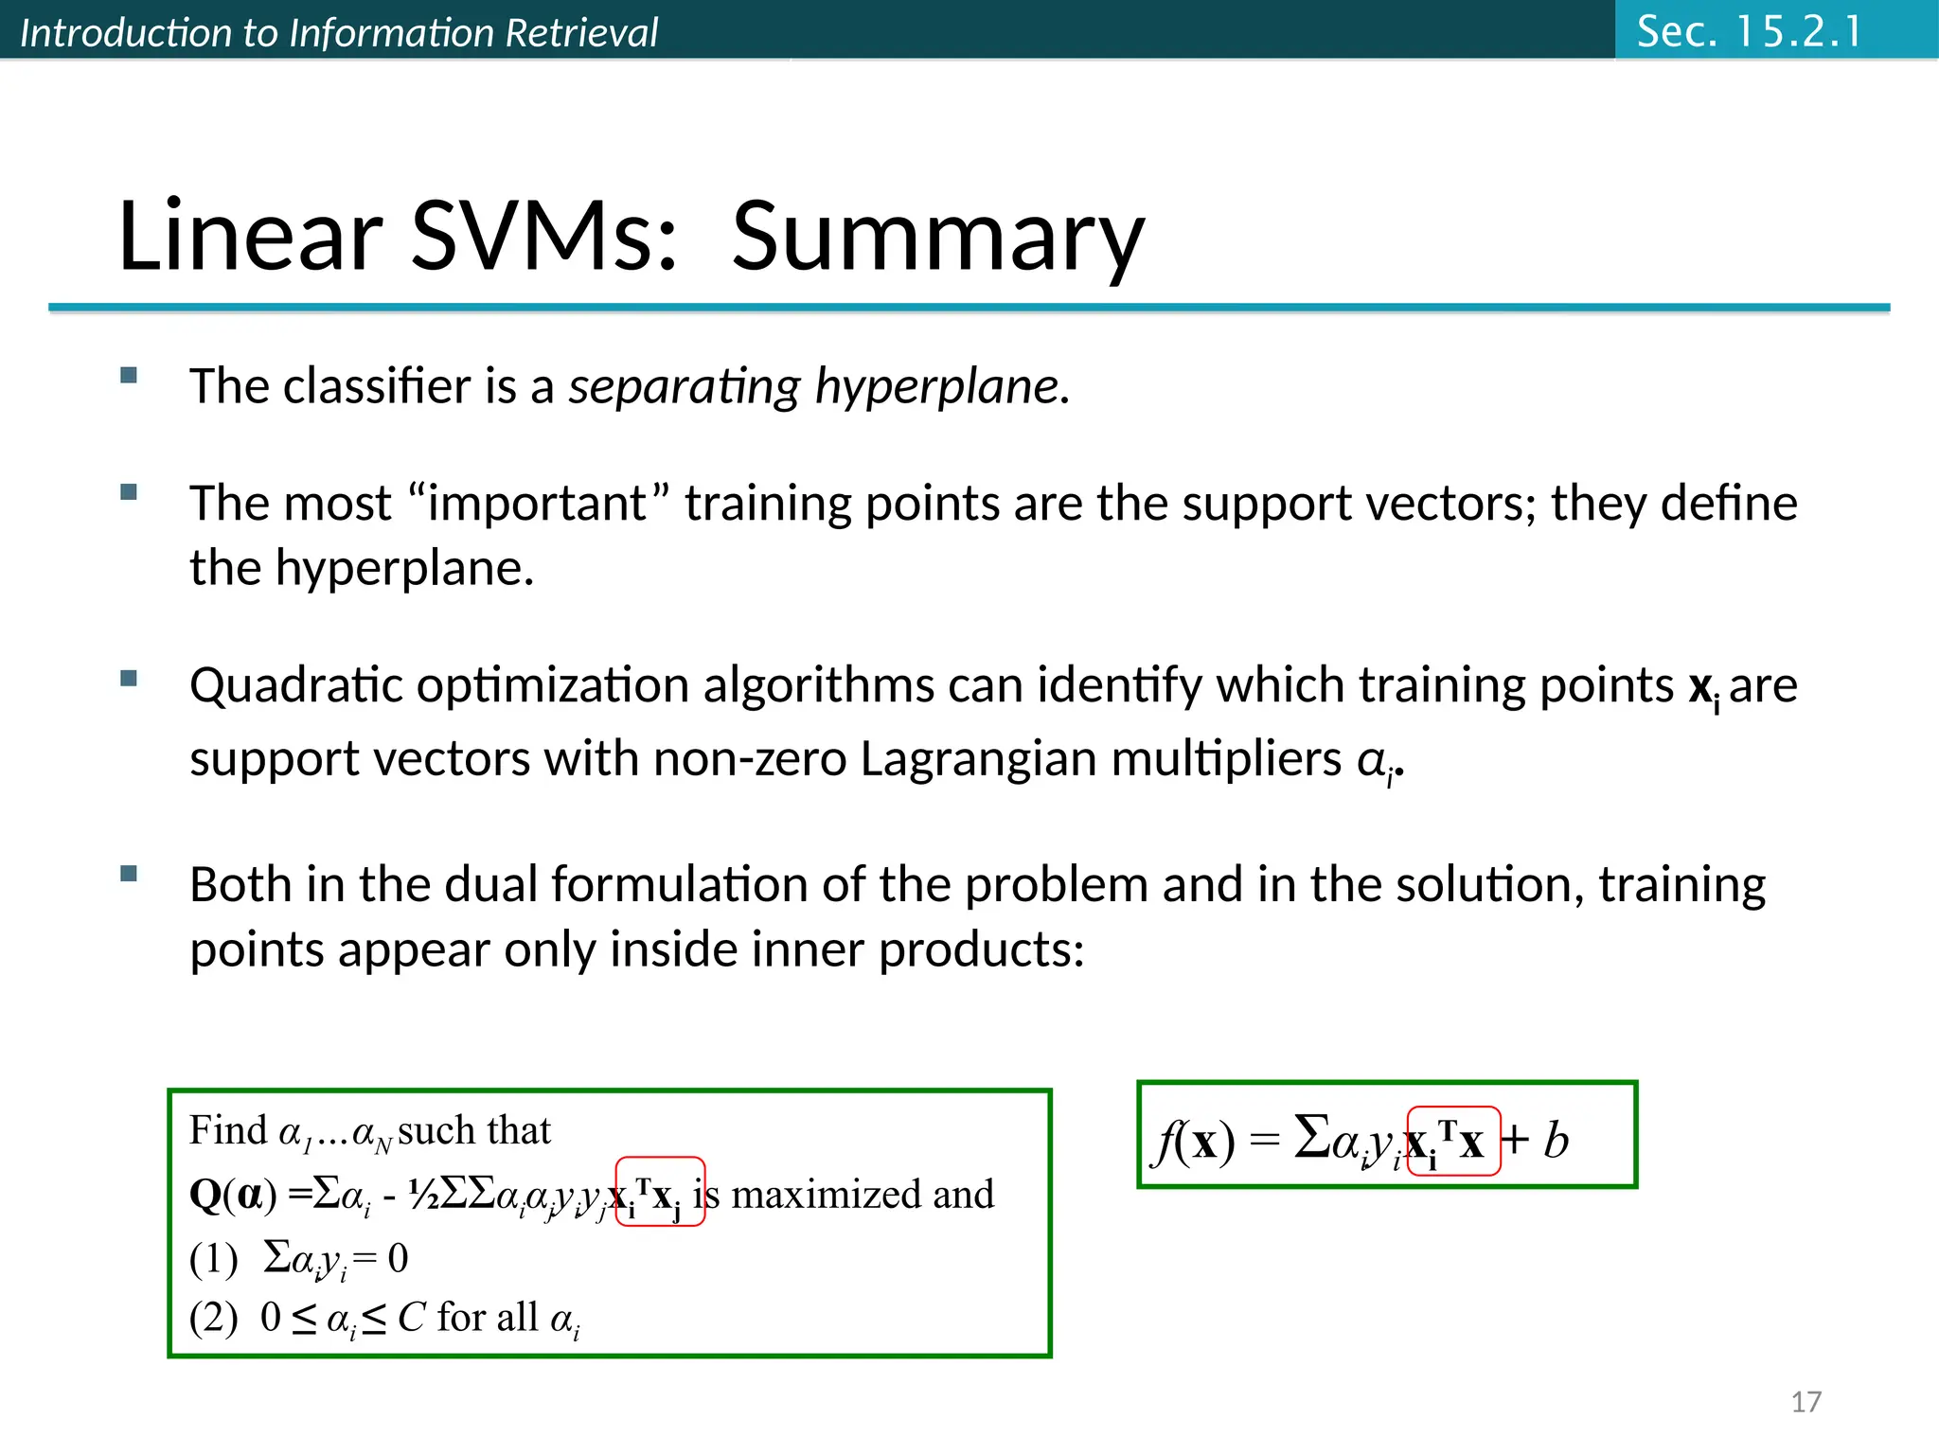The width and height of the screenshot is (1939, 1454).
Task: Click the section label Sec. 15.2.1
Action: (x=1749, y=31)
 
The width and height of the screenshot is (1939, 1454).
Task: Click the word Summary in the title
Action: (x=937, y=237)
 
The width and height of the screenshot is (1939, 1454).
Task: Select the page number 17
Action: (x=1806, y=1401)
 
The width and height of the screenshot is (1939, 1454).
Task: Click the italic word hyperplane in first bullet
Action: (x=941, y=386)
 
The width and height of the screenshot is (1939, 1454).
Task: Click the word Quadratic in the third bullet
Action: (x=295, y=684)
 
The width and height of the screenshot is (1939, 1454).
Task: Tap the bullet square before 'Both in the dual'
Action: (x=130, y=874)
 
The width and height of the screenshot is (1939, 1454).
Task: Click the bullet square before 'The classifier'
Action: (x=130, y=376)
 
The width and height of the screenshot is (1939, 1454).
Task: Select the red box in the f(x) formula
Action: (x=1453, y=1141)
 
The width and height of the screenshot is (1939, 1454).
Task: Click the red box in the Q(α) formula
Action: (x=660, y=1192)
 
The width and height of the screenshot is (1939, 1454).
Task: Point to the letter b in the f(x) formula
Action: (x=1556, y=1140)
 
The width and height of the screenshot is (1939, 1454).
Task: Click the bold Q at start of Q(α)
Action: (x=205, y=1195)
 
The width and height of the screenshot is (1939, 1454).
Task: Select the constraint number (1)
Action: (x=213, y=1259)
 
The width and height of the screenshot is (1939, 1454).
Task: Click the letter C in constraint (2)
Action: (x=411, y=1317)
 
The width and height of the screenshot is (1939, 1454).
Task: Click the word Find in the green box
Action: (x=228, y=1130)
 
